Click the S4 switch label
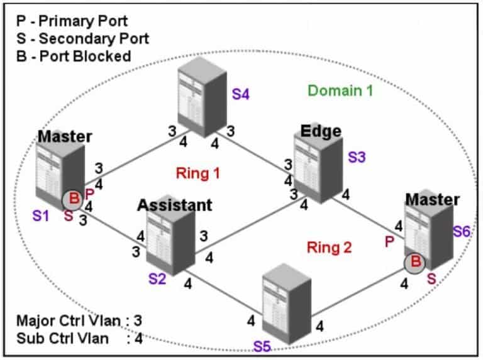[241, 94]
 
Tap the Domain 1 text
[340, 90]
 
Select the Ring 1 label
[197, 172]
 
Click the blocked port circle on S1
[73, 200]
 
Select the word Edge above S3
[321, 131]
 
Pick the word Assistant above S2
[175, 205]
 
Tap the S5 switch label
[263, 346]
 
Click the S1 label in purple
[41, 216]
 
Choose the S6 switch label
[462, 231]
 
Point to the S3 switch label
[357, 158]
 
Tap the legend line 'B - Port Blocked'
[74, 56]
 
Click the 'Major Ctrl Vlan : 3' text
[80, 321]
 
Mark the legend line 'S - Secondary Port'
[82, 38]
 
